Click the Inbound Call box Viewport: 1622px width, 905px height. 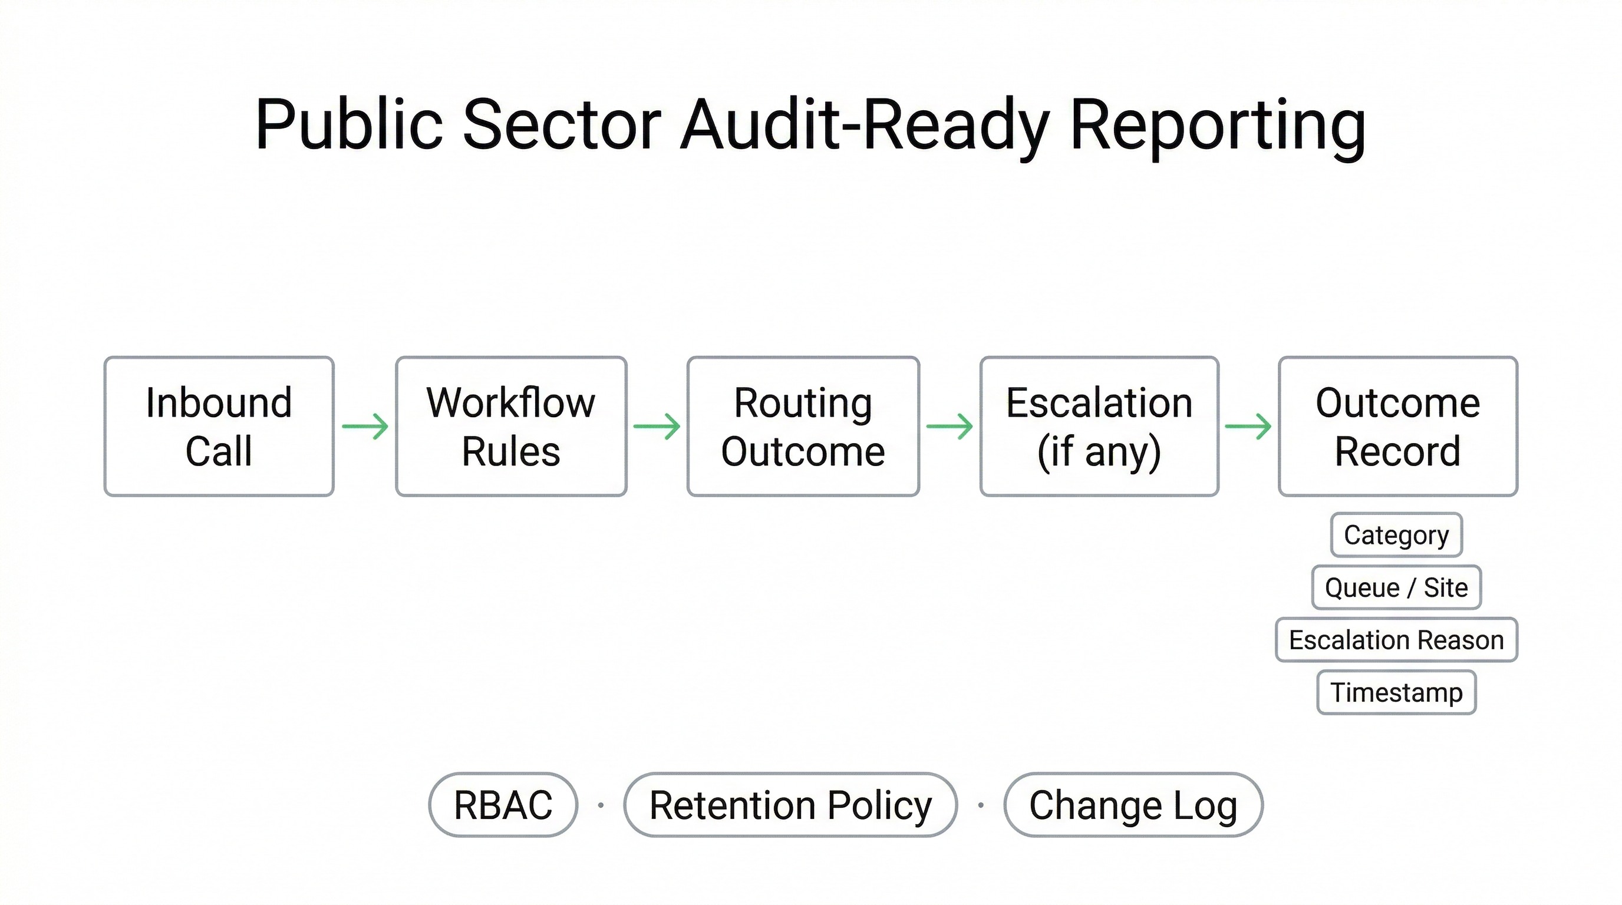click(x=219, y=426)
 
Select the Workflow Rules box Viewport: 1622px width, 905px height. click(x=510, y=426)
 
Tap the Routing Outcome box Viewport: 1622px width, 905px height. click(x=803, y=426)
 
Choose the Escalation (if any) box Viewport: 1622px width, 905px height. click(x=1099, y=426)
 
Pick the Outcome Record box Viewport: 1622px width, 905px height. click(x=1397, y=426)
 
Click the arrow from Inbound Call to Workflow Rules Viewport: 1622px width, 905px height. click(x=365, y=426)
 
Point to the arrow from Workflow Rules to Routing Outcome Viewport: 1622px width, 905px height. click(x=657, y=426)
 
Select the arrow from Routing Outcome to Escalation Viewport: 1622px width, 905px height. click(x=950, y=426)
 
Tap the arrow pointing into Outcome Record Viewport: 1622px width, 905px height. click(x=1248, y=426)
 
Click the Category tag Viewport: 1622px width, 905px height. click(x=1396, y=535)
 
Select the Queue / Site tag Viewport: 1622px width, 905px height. click(x=1396, y=587)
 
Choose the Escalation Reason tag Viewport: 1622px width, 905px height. click(x=1396, y=639)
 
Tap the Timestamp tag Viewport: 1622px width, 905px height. click(x=1396, y=692)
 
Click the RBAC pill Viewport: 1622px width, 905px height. click(x=503, y=804)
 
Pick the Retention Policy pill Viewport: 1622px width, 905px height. click(x=790, y=804)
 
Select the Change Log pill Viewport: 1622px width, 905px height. click(x=1133, y=804)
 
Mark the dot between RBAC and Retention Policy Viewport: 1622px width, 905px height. click(x=601, y=805)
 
